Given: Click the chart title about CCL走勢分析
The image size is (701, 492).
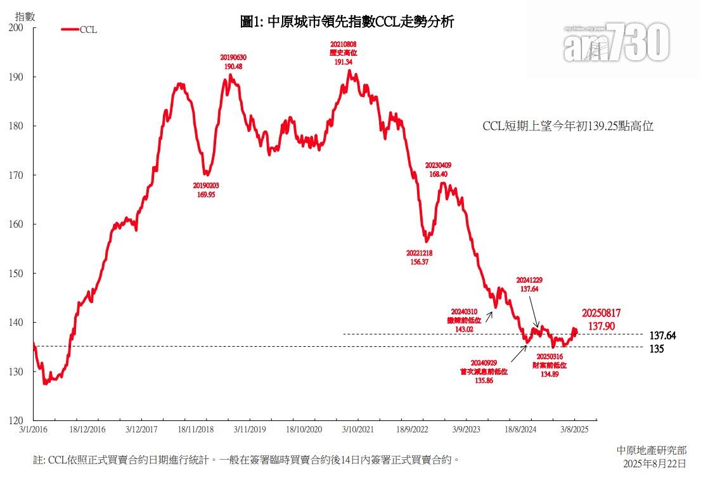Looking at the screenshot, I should point(347,22).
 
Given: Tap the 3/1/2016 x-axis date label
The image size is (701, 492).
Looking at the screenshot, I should point(33,429).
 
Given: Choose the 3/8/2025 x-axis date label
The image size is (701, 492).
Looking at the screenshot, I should point(574,429).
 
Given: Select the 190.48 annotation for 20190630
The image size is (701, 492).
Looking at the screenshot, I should point(233,66).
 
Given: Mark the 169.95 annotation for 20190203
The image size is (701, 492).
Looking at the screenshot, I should point(206,195).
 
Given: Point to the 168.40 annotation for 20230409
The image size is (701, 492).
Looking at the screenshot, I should point(439,174).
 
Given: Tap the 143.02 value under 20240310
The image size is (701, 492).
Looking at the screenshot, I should point(465,329).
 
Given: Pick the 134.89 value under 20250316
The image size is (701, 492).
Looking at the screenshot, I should point(549,374).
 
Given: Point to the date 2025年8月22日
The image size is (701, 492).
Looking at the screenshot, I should point(655,463).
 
